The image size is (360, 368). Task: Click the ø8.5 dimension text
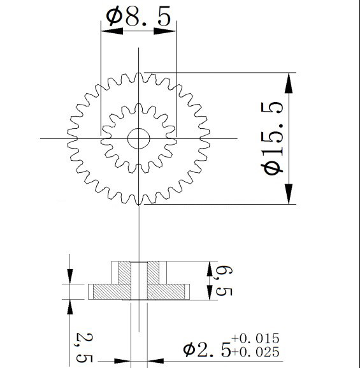tap(138, 17)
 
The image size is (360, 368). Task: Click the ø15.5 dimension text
tap(272, 138)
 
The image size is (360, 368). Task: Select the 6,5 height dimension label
tap(224, 281)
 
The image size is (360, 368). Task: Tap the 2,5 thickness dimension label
tap(84, 348)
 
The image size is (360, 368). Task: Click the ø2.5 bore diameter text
tap(207, 350)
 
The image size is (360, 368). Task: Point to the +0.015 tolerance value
tap(256, 338)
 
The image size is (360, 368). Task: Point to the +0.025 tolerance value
tap(256, 352)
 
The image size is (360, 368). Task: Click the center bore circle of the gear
tap(139, 128)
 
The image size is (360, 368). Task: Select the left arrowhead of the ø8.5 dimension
tap(112, 31)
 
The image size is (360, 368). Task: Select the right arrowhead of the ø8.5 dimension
tap(164, 31)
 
